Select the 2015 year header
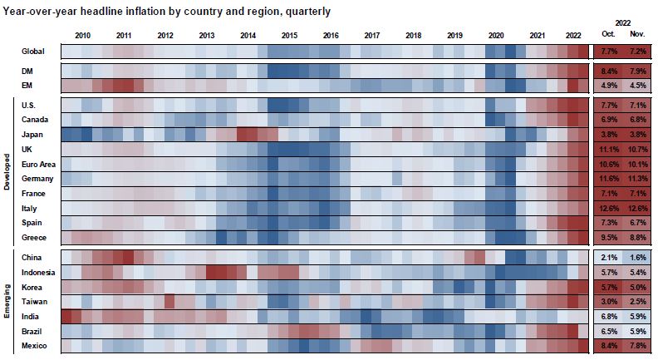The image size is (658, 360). [x=289, y=35]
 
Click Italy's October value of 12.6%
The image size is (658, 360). [x=608, y=208]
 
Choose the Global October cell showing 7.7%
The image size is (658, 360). [x=608, y=52]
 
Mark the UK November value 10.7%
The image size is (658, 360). [x=637, y=149]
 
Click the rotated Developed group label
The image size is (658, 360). [x=7, y=164]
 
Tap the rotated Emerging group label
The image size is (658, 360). [x=7, y=299]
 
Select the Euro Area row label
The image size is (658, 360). [x=39, y=164]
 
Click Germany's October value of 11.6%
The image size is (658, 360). [x=608, y=179]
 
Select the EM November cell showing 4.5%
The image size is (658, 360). [x=637, y=86]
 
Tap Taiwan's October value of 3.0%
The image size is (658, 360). [x=608, y=301]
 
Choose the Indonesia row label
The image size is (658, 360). [x=38, y=272]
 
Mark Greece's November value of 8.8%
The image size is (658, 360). [x=637, y=237]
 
